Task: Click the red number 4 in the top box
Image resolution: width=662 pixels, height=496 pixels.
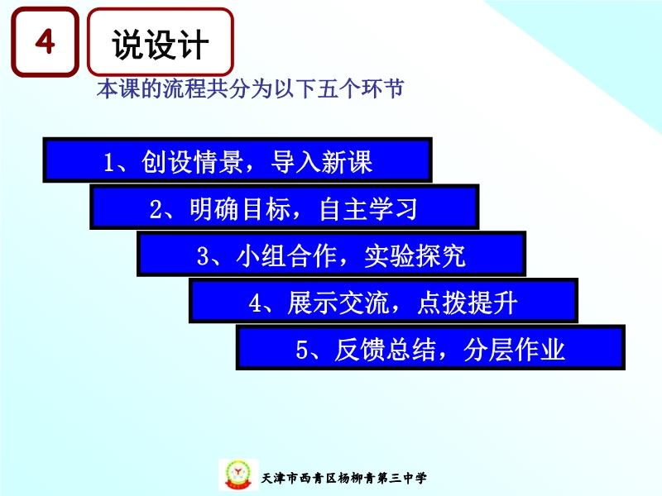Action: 45,41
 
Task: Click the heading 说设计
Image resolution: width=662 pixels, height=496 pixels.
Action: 160,45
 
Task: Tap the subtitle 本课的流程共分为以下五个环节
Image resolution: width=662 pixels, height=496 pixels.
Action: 250,88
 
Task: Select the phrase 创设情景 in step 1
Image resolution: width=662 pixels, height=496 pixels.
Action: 193,161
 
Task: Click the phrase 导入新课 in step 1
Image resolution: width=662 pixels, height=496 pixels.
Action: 322,161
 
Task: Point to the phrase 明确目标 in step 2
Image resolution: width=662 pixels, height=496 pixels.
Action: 240,209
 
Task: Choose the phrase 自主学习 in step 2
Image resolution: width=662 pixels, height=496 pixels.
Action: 368,209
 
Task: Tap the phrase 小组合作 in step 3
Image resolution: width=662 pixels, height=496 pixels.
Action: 286,255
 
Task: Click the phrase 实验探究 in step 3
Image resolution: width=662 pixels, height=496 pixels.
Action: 415,255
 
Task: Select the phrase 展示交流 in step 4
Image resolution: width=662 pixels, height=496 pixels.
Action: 338,303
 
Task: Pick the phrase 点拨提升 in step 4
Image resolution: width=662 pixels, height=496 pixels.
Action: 468,303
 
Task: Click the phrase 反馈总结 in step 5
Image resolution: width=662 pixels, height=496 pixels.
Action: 386,350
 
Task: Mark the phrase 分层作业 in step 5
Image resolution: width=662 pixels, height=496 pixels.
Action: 514,350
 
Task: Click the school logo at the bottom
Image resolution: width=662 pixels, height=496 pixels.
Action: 238,475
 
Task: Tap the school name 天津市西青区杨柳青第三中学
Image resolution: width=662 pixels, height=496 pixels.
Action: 344,478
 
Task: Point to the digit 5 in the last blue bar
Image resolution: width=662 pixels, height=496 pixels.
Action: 302,351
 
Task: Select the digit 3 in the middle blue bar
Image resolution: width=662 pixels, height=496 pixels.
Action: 203,256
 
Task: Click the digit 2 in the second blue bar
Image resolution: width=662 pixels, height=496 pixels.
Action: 156,210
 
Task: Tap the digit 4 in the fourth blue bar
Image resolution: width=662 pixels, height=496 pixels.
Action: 256,303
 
